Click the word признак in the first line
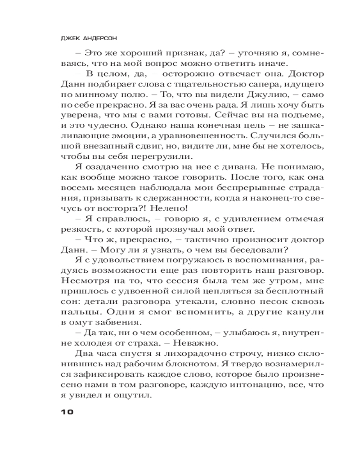171,53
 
